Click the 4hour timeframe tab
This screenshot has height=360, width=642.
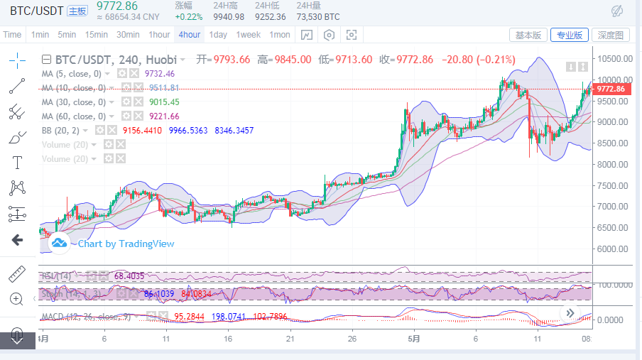coord(190,35)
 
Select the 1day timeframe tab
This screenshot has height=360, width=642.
coord(218,35)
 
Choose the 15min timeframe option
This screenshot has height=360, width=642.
coord(96,35)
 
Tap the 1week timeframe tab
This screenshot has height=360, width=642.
coord(249,35)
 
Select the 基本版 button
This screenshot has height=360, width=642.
coord(528,35)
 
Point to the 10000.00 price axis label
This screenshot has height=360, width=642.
coord(614,80)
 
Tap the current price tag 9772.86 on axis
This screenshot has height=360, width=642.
coord(611,89)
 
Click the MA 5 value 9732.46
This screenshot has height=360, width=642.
coord(159,73)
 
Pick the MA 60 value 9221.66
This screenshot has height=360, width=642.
coord(164,116)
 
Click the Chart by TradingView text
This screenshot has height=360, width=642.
coord(126,244)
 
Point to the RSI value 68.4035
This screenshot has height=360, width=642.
coord(129,276)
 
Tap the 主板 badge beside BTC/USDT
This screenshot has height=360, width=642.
coord(77,11)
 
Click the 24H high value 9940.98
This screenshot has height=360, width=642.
coord(229,17)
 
